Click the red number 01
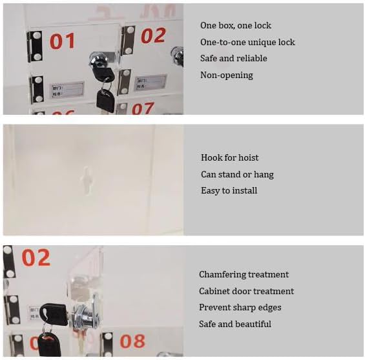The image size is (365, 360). [63, 41]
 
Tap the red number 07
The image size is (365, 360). [143, 108]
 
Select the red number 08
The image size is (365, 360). [132, 341]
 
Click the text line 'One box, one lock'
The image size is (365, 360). [236, 26]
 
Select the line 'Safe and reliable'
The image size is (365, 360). [233, 59]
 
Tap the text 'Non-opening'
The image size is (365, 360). [227, 75]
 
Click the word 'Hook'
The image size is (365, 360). [211, 158]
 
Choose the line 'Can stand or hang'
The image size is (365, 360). [237, 175]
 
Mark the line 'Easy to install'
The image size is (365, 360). [229, 191]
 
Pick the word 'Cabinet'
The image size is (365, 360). [214, 292]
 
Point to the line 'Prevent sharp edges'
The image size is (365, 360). [240, 308]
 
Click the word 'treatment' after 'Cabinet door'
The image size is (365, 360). [274, 292]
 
